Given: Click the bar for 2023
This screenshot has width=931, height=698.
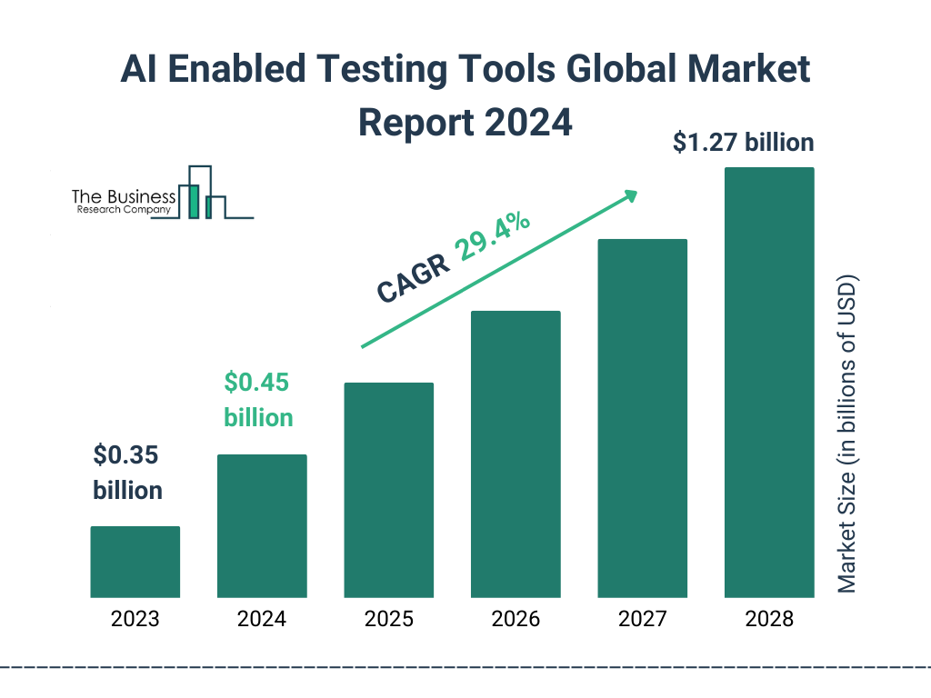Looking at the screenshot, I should coord(135,562).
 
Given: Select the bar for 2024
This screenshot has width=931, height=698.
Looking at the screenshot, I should coord(262,526).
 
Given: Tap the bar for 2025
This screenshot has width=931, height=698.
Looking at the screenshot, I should coord(388,490).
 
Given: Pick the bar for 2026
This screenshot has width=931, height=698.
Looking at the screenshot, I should coord(516,454).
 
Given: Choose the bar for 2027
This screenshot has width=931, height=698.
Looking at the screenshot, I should coord(642,418).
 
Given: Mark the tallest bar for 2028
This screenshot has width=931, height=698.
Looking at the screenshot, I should coord(769,383).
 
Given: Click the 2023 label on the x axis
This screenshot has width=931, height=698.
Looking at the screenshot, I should coord(135,620).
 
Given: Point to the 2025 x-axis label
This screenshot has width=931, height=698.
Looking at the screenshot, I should coord(388,620).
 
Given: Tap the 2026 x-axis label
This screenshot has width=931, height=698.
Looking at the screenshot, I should coord(516,620).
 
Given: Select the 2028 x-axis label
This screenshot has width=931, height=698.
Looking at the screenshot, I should coord(769,620).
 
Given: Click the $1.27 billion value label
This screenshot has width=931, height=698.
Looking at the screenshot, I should coord(743,143).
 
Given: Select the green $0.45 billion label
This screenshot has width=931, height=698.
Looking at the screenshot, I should coord(258,400).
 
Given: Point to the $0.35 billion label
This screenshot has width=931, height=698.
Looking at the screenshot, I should coord(127,473).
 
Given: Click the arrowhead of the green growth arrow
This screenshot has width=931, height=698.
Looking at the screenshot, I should coord(629,195).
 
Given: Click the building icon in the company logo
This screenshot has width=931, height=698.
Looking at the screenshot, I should coord(202,193).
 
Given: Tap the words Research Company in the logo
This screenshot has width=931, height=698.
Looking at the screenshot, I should coord(122,210).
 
